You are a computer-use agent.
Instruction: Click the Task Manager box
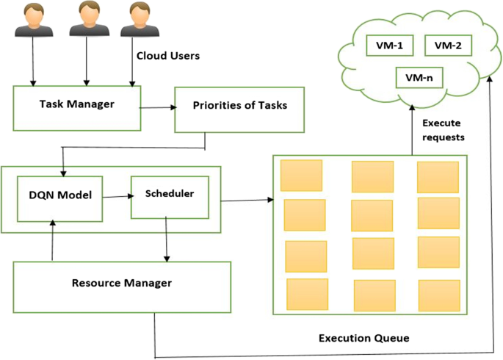pos(77,108)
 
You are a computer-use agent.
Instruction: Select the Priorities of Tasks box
pos(239,109)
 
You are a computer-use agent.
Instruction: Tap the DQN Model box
pos(60,199)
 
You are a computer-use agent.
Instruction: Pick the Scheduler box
pos(170,198)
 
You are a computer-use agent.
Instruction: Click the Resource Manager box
pos(122,287)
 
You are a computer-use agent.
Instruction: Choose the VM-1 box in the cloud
pos(389,46)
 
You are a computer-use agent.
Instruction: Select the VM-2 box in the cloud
pos(448,46)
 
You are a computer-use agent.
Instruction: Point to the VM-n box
pos(419,78)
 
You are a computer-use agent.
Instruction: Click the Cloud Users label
pos(168,56)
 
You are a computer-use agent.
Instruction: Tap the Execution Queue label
pos(364,338)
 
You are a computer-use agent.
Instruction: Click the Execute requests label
pos(444,130)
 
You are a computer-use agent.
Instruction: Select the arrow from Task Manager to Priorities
pos(158,108)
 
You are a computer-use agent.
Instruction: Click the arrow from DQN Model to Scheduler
pos(118,196)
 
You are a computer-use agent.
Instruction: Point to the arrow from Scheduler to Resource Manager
pos(166,240)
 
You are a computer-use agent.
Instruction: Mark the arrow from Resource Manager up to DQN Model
pos(53,240)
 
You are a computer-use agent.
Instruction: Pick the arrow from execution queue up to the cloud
pos(412,130)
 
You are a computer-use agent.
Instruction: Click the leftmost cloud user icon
pos(34,21)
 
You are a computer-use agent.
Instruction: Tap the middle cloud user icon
pos(90,19)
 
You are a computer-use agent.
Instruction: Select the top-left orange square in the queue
pos(302,176)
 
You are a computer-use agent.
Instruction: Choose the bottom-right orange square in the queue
pos(439,295)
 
